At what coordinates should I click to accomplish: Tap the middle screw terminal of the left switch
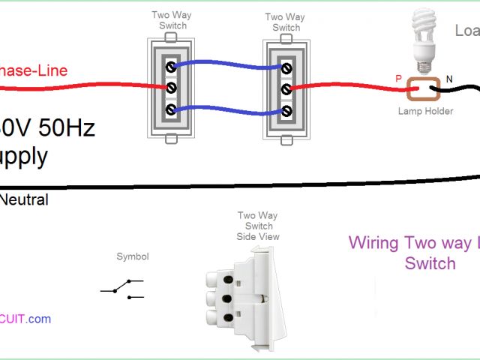click(x=171, y=88)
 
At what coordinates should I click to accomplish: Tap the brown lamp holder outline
click(x=423, y=90)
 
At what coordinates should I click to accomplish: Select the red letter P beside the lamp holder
click(x=398, y=77)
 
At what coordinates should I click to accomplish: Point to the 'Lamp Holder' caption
click(x=425, y=111)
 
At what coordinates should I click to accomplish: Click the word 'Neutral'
click(x=24, y=200)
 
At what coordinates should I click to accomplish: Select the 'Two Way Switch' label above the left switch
click(x=172, y=20)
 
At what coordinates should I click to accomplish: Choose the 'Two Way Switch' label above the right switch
click(x=286, y=22)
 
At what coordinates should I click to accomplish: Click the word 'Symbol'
click(x=132, y=256)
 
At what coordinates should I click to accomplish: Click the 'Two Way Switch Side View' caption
click(x=258, y=226)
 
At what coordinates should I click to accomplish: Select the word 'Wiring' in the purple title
click(x=374, y=243)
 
